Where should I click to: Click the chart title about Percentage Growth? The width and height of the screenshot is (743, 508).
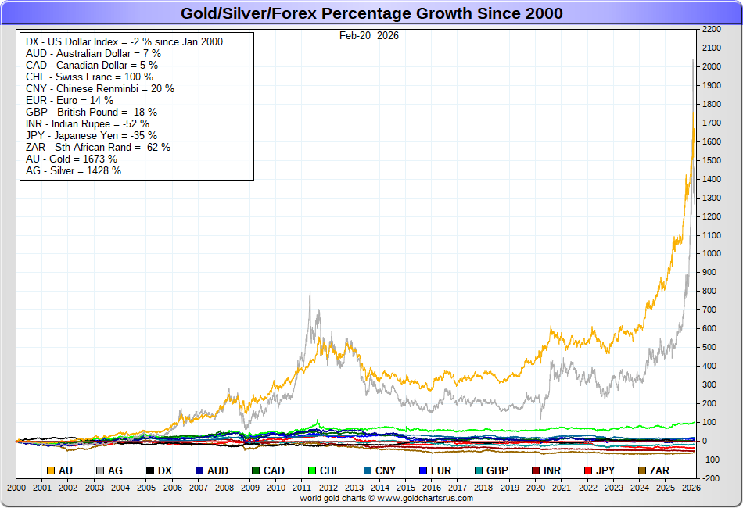coord(371,13)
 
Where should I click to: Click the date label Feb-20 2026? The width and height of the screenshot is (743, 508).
coord(369,35)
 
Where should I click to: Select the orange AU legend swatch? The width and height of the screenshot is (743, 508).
coord(51,471)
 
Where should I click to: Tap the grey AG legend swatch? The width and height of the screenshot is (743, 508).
coord(100,471)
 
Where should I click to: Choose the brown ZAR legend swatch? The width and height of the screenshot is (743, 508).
coord(642,471)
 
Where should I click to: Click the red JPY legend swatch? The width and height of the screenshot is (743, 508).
coord(588,471)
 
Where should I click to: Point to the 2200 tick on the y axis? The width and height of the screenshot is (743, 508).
coord(711,29)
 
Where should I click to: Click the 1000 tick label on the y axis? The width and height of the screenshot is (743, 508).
coord(711,254)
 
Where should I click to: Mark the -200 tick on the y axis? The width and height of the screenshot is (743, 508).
coord(711,478)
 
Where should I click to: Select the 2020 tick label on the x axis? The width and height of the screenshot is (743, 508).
coord(535,487)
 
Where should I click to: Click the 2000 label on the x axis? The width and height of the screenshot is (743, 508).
coord(16,487)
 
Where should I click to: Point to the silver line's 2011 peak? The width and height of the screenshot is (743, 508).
coord(310,292)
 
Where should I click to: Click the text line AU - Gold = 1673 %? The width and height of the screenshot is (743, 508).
coord(71,159)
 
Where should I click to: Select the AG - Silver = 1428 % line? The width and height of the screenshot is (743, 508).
coord(73,170)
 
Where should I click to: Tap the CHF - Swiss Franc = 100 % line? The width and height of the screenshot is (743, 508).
coord(89,77)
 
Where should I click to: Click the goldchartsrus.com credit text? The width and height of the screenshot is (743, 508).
coord(387,498)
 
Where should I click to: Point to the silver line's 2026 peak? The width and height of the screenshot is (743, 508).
coord(693,59)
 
